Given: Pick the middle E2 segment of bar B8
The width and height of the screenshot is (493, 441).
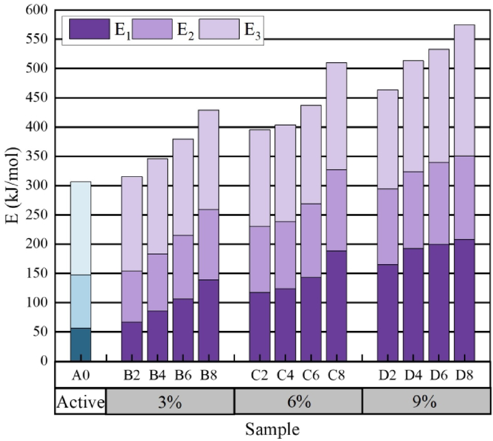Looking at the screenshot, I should [209, 245].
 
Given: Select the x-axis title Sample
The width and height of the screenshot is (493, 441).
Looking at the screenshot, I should [272, 429].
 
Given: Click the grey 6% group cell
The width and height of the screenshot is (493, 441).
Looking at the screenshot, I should [299, 402].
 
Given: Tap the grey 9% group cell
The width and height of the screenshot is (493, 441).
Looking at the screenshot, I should [426, 402].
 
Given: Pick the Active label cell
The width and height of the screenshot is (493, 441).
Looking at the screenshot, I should [81, 402].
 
